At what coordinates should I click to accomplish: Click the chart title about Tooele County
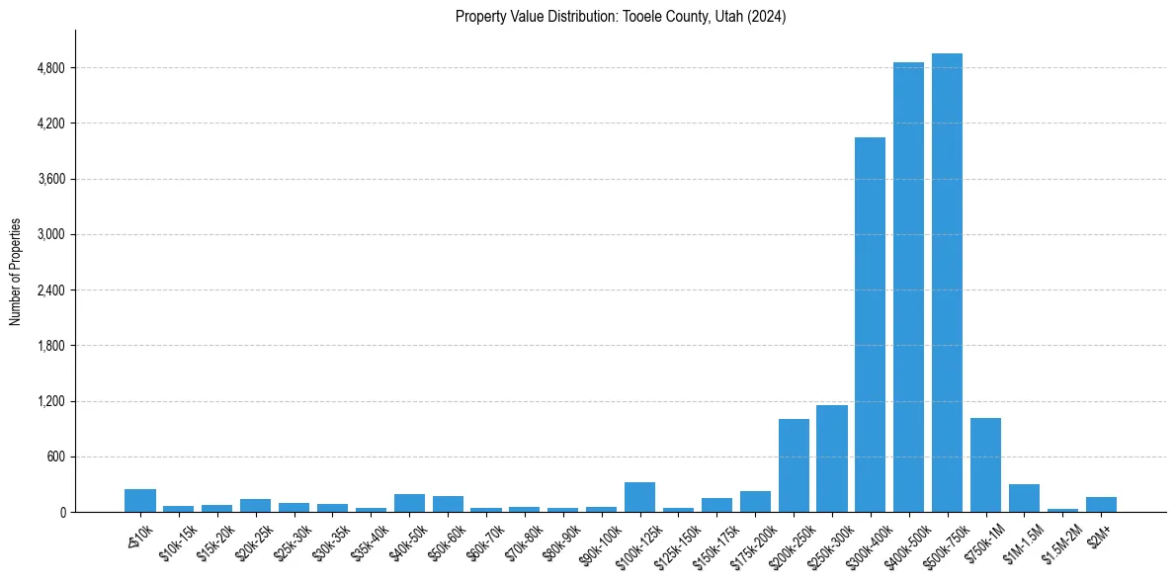[621, 17]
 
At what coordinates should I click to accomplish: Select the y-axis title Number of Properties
[16, 272]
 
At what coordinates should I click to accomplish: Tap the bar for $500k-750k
[947, 283]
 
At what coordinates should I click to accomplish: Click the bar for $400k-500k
[908, 288]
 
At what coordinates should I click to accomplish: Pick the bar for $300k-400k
[870, 325]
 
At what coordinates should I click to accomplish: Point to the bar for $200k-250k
[794, 465]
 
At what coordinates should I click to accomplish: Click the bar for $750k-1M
[985, 465]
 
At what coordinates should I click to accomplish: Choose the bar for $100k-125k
[639, 497]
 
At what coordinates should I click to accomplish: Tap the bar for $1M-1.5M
[1024, 498]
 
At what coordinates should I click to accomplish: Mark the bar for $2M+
[1101, 504]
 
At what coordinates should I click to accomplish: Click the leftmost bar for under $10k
[140, 501]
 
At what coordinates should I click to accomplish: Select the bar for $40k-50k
[409, 503]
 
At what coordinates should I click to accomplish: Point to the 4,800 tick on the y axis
[49, 68]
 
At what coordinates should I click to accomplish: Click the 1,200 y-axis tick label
[49, 402]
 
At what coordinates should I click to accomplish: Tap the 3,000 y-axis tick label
[49, 235]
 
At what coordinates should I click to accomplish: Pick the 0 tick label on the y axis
[61, 513]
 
